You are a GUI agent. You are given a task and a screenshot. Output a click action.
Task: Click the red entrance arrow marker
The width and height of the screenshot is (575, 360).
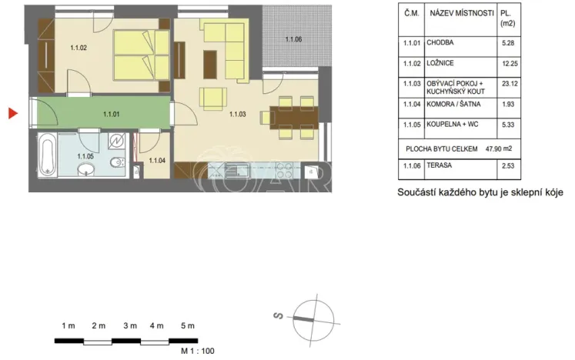(x=12, y=114)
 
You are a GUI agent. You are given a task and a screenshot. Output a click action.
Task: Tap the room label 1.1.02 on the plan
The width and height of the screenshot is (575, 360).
(x=79, y=48)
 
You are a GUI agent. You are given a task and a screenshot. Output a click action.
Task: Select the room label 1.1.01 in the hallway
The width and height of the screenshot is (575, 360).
(x=112, y=114)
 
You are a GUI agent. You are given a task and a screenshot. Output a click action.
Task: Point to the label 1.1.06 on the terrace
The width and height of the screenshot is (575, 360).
(x=293, y=39)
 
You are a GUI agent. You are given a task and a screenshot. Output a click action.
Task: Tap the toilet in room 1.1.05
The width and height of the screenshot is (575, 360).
(x=116, y=162)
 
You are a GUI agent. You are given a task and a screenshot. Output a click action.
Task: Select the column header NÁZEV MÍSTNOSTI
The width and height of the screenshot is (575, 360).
(x=462, y=13)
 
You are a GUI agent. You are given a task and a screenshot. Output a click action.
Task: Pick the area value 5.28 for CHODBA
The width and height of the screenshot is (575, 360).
(x=506, y=43)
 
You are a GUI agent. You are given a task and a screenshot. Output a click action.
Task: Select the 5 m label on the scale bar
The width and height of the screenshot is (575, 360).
(x=187, y=326)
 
